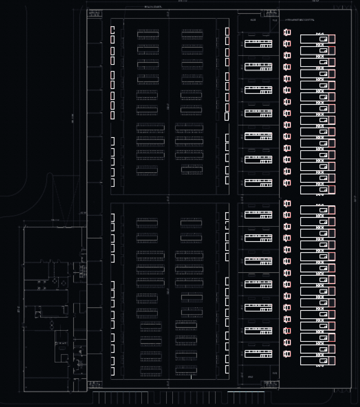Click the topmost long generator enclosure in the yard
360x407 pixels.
pyautogui.click(x=314, y=39)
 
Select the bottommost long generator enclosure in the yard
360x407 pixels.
pyautogui.click(x=314, y=361)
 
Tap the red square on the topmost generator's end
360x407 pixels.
pyautogui.click(x=332, y=39)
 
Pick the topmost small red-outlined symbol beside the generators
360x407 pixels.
pyautogui.click(x=287, y=32)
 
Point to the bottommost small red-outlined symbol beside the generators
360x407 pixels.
pyautogui.click(x=287, y=354)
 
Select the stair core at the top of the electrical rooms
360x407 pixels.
pyautogui.click(x=271, y=14)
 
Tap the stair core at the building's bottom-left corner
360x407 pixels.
pyautogui.click(x=95, y=384)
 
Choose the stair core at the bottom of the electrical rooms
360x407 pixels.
pyautogui.click(x=271, y=384)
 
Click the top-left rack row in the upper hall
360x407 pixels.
pyautogui.click(x=148, y=34)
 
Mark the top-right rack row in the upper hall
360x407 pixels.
pyautogui.click(x=192, y=34)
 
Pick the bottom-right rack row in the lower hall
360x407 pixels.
pyautogui.click(x=186, y=370)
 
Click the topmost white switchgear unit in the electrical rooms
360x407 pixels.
pyautogui.click(x=258, y=44)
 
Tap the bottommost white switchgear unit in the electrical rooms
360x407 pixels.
pyautogui.click(x=258, y=354)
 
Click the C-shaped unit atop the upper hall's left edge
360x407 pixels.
pyautogui.click(x=113, y=30)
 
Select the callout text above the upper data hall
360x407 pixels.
pyautogui.click(x=153, y=6)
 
